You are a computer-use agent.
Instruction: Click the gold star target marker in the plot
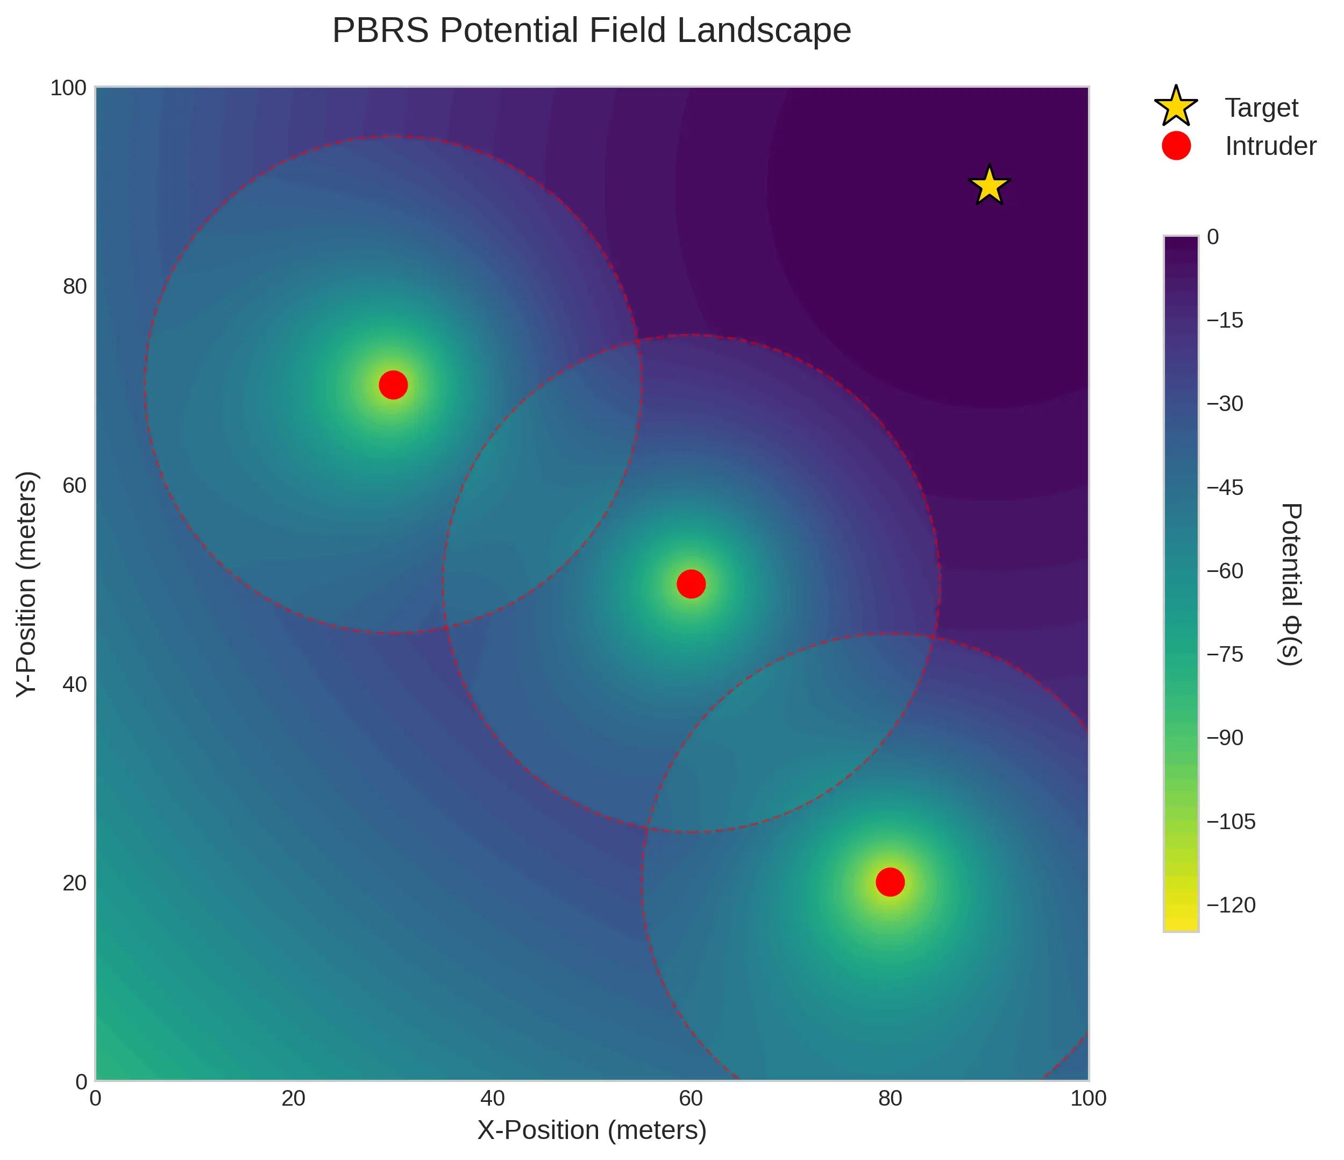989,186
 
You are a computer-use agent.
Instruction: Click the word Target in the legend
1261,108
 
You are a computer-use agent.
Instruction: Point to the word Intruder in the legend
1270,147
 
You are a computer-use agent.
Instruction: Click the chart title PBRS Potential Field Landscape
592,31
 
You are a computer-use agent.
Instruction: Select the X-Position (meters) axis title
592,1130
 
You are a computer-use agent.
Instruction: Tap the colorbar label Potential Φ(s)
1291,584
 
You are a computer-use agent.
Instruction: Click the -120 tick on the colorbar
1231,905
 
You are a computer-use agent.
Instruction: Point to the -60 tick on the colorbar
1225,571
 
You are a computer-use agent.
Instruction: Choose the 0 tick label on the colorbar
1213,237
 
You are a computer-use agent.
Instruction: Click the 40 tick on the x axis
492,1098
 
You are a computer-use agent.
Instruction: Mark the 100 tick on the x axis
1088,1098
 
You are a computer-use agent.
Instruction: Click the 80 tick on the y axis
75,286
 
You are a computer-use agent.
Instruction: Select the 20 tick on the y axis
75,883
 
